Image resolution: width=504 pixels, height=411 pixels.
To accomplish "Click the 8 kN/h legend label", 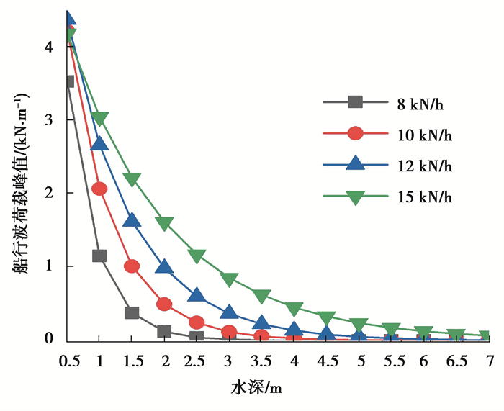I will coord(418,102).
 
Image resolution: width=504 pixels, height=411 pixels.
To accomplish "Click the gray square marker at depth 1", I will coord(99,256).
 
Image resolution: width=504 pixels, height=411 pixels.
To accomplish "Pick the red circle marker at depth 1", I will coord(99,189).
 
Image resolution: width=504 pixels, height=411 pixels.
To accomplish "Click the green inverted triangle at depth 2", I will coord(164,224).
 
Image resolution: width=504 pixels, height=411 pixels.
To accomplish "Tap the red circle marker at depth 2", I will coord(164,304).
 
